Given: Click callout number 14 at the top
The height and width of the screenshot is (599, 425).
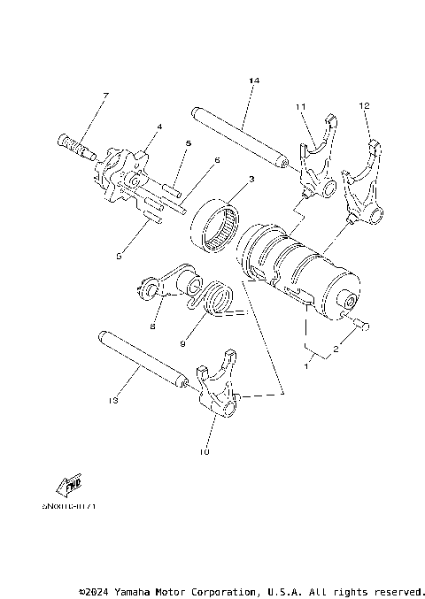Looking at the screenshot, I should (254, 81).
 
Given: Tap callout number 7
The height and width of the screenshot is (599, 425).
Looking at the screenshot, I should (105, 96).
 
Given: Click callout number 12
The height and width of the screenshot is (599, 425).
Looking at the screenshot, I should (364, 105).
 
